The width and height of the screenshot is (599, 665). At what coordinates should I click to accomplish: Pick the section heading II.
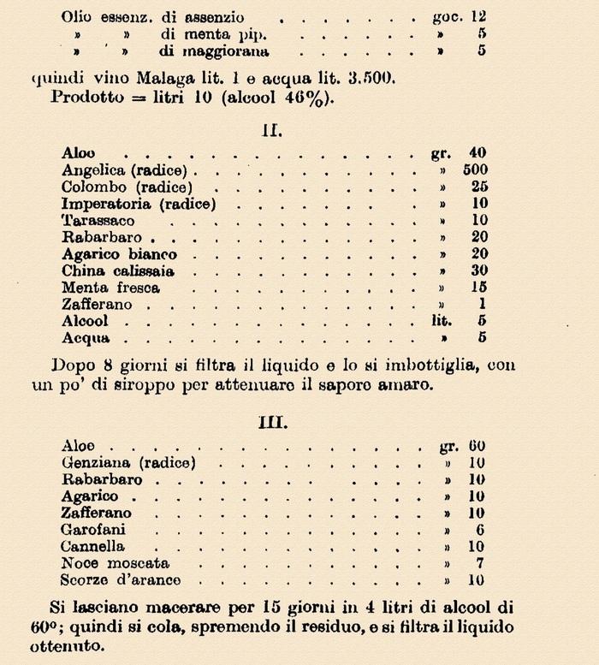pos(273,131)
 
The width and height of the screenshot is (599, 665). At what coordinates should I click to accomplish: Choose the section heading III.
pos(273,423)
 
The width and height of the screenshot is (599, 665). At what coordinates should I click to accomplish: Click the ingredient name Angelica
pos(91,170)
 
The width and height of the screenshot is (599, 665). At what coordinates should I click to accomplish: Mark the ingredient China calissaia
pos(117,270)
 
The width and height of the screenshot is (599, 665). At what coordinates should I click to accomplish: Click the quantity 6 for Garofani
pos(481,530)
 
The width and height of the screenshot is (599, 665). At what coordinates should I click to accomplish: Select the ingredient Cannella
pos(92,547)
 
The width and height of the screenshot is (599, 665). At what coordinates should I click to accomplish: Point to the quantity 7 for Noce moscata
pos(481,564)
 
